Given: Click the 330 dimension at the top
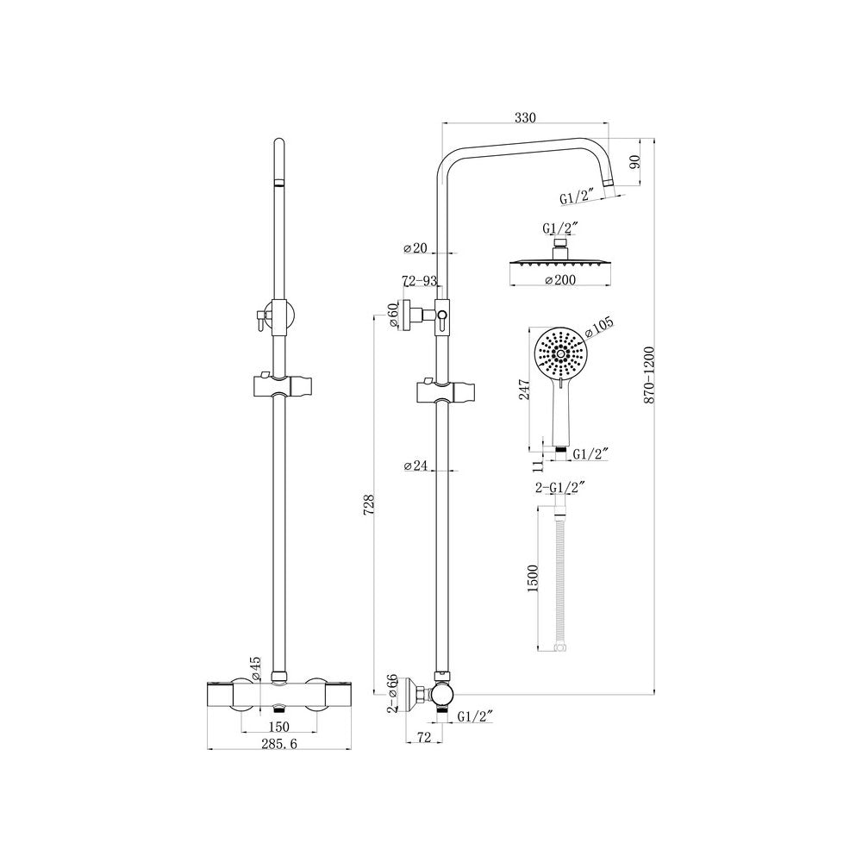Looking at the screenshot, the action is coord(525,117).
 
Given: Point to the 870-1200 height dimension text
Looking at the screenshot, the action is coord(649,375).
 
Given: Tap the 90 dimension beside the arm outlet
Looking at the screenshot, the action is coord(635,162).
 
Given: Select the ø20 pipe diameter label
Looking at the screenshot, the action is coord(415,248).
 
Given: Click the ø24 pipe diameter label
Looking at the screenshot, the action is coord(415,465).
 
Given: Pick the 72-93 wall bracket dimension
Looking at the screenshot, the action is coord(420,281).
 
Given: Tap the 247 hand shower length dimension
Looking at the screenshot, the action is coord(524,390).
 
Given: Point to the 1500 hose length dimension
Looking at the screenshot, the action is coord(532,578).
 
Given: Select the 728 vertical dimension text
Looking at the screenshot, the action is coord(369,504).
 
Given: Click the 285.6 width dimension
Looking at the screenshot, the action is coord(278,744).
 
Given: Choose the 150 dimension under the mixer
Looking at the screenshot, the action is coord(278,727).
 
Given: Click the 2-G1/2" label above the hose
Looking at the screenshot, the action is coord(559,487).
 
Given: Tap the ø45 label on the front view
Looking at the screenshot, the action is coord(256,668).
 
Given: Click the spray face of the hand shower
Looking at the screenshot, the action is coord(559,354).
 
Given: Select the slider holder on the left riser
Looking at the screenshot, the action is coord(283,386).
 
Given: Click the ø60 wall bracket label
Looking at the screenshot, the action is coord(393,315).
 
